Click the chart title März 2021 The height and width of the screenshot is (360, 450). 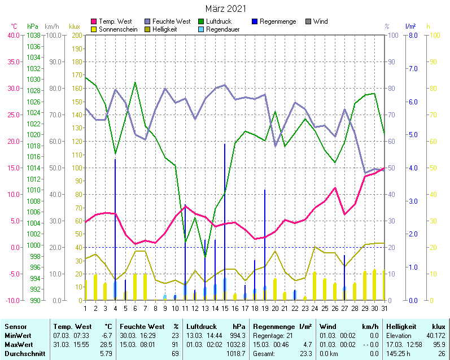pyautogui.click(x=225, y=8)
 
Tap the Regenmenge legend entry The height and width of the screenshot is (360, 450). pyautogui.click(x=277, y=21)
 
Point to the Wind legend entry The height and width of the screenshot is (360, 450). pyautogui.click(x=320, y=21)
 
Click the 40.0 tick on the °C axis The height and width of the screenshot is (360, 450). pyautogui.click(x=13, y=35)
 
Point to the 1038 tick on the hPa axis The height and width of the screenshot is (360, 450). pyautogui.click(x=33, y=35)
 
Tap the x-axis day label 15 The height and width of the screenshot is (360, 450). pyautogui.click(x=225, y=308)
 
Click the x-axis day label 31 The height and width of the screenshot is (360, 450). pyautogui.click(x=384, y=308)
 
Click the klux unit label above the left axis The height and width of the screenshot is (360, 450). pyautogui.click(x=75, y=27)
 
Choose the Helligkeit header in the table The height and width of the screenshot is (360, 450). pyautogui.click(x=401, y=327)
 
